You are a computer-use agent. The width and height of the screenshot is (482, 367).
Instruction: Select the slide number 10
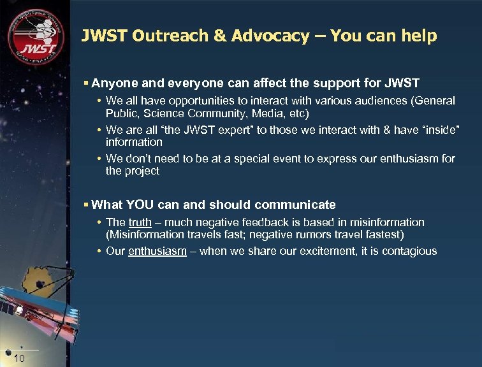[x=19, y=359]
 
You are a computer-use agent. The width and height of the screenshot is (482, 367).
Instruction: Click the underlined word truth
[x=140, y=222]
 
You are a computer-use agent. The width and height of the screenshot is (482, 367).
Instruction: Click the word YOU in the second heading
[x=139, y=205]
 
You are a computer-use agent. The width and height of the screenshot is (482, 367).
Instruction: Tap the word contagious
[x=409, y=250]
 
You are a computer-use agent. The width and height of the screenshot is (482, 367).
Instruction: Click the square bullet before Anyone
[x=87, y=83]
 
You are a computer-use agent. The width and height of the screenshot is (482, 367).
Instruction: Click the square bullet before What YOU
[x=87, y=205]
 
